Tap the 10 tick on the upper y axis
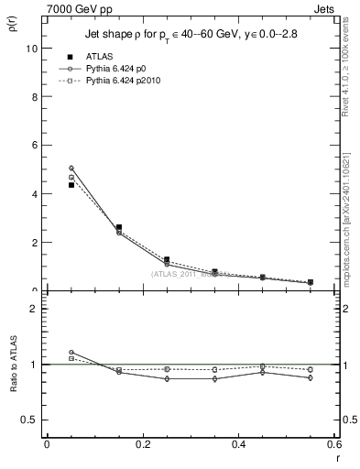click(x=33, y=49)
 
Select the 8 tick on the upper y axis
click(x=36, y=97)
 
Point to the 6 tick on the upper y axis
click(x=36, y=146)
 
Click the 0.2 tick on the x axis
click(x=142, y=444)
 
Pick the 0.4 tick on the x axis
click(x=238, y=444)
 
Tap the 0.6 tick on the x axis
click(x=333, y=444)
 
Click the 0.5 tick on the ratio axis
click(x=31, y=420)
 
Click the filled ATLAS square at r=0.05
click(x=71, y=185)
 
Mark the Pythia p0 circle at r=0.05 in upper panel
click(x=71, y=168)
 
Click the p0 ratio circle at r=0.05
click(x=71, y=352)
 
